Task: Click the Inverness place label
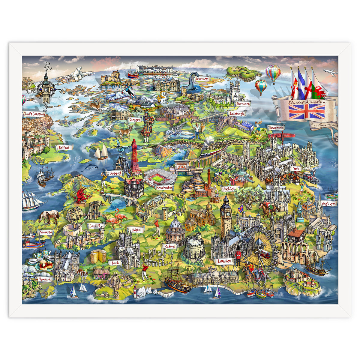pyautogui.click(x=202, y=79)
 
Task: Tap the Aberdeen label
pyautogui.click(x=243, y=104)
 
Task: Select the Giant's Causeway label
pyautogui.click(x=34, y=114)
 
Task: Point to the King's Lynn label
pyautogui.click(x=328, y=204)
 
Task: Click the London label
pyautogui.click(x=224, y=261)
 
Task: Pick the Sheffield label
pyautogui.click(x=230, y=189)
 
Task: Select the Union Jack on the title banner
pyautogui.click(x=307, y=111)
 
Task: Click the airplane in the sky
pyautogui.click(x=330, y=73)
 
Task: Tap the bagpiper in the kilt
pyautogui.click(x=147, y=126)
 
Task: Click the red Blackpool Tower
pyautogui.click(x=136, y=157)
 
